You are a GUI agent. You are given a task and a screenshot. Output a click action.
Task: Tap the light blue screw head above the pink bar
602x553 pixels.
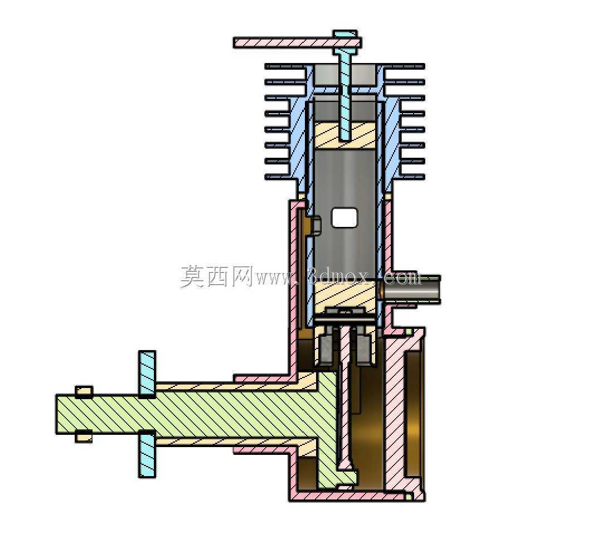345,34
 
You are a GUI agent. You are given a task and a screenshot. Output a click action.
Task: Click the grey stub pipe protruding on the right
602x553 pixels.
411,289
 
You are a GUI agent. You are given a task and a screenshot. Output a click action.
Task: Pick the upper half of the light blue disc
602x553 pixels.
147,373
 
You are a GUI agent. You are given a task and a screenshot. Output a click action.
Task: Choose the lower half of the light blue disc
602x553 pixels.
147,455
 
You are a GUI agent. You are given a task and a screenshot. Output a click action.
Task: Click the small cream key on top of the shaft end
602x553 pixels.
84,391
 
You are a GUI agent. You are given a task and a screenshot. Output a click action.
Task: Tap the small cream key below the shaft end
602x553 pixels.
84,437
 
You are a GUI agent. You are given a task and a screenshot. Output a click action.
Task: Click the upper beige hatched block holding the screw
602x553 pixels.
346,134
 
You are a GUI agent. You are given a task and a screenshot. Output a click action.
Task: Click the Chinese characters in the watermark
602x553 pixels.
216,276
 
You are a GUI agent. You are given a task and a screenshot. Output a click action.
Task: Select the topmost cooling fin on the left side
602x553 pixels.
286,66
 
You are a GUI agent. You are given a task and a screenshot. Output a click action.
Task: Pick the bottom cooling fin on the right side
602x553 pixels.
412,177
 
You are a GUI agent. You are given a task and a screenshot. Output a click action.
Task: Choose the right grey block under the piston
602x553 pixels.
363,350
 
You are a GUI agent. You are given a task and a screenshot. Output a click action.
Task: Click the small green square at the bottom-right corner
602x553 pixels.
409,497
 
